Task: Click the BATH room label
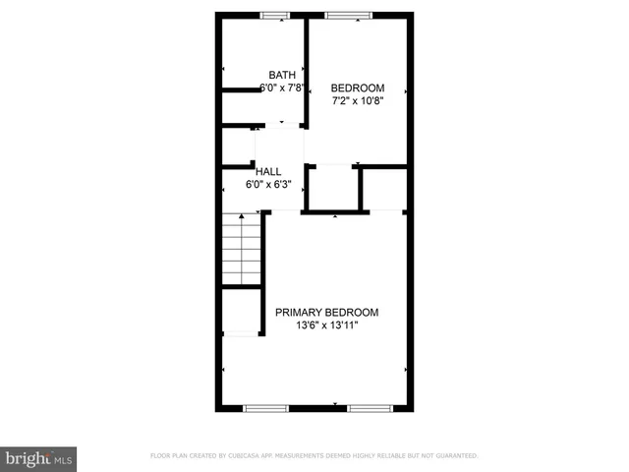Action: point(282,75)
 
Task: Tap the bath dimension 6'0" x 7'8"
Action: point(282,88)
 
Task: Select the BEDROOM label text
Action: point(357,87)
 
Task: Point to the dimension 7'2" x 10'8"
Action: point(357,99)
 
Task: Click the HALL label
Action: point(268,171)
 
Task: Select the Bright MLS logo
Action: point(39,458)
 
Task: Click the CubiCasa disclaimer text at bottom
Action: point(314,456)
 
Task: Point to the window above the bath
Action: point(275,15)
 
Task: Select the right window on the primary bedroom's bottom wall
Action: point(370,407)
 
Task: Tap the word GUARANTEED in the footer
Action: point(458,456)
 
